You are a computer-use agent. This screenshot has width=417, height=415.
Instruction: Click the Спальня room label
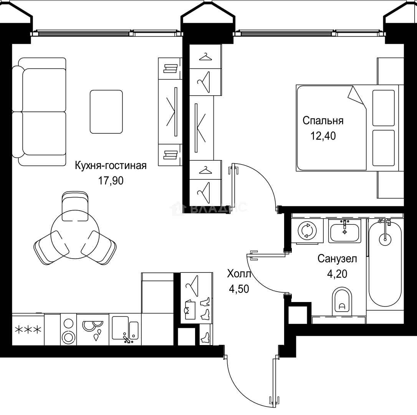pos(323,121)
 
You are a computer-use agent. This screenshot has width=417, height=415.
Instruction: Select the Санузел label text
pos(337,259)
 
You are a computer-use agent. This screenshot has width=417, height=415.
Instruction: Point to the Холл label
pos(239,274)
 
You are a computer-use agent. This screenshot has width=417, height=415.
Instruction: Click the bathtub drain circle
pos(385,239)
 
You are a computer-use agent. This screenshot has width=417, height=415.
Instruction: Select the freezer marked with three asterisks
pos(28,330)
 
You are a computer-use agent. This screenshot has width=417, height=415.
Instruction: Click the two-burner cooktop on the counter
pos(68,330)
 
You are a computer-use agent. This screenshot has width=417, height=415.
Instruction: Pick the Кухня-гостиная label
pos(111,166)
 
